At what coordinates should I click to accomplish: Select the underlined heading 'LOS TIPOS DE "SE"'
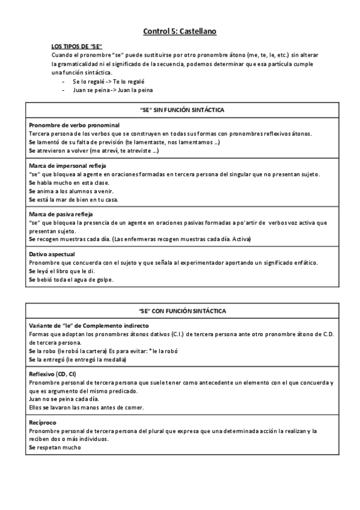(77, 46)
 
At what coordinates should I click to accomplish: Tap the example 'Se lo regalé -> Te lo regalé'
(109, 81)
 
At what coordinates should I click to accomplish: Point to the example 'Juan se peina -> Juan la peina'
(112, 90)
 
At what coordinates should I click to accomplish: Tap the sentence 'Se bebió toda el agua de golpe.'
(71, 280)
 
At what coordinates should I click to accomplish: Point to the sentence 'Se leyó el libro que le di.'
(63, 271)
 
